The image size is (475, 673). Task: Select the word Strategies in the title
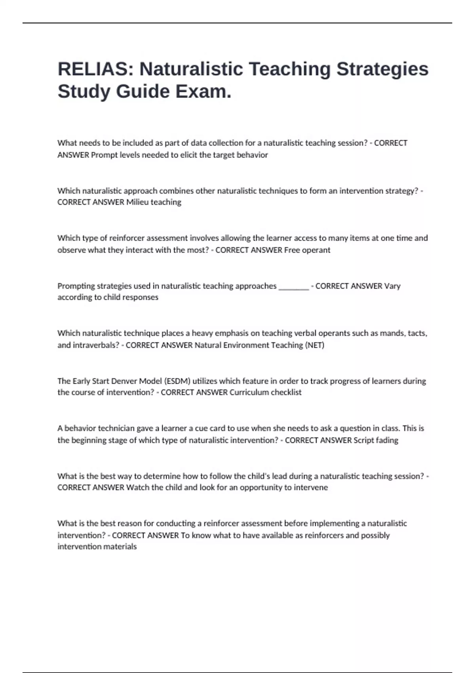tap(382, 69)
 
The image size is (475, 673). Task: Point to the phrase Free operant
tap(307, 250)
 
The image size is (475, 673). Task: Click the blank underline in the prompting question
tap(294, 287)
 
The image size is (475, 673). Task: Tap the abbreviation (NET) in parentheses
tap(315, 345)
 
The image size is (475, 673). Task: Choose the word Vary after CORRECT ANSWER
tap(392, 286)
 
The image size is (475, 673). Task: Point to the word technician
tap(116, 428)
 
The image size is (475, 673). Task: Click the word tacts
tap(417, 333)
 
